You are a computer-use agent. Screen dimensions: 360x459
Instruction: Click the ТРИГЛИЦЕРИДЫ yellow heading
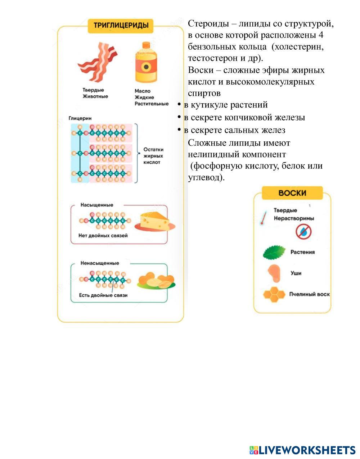[x=121, y=26]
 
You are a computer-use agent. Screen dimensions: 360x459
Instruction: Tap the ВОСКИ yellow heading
[x=292, y=193]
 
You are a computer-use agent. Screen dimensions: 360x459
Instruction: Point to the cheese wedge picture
[x=155, y=221]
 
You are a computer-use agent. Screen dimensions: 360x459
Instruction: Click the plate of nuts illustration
[x=156, y=281]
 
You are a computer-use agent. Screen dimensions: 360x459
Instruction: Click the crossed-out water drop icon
[x=303, y=231]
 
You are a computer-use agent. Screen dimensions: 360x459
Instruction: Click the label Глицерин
[x=80, y=118]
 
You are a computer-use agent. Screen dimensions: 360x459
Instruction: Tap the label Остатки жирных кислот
[x=153, y=156]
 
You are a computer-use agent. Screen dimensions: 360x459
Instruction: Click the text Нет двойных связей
[x=103, y=236]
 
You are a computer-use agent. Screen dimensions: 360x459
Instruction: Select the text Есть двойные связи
[x=103, y=295]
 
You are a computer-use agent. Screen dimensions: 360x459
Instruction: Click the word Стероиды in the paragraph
[x=208, y=24]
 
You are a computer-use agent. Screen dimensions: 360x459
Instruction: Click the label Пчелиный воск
[x=309, y=294]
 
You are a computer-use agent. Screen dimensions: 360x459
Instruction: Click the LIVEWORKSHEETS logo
[x=302, y=450]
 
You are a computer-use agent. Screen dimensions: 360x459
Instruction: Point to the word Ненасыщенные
[x=100, y=263]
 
